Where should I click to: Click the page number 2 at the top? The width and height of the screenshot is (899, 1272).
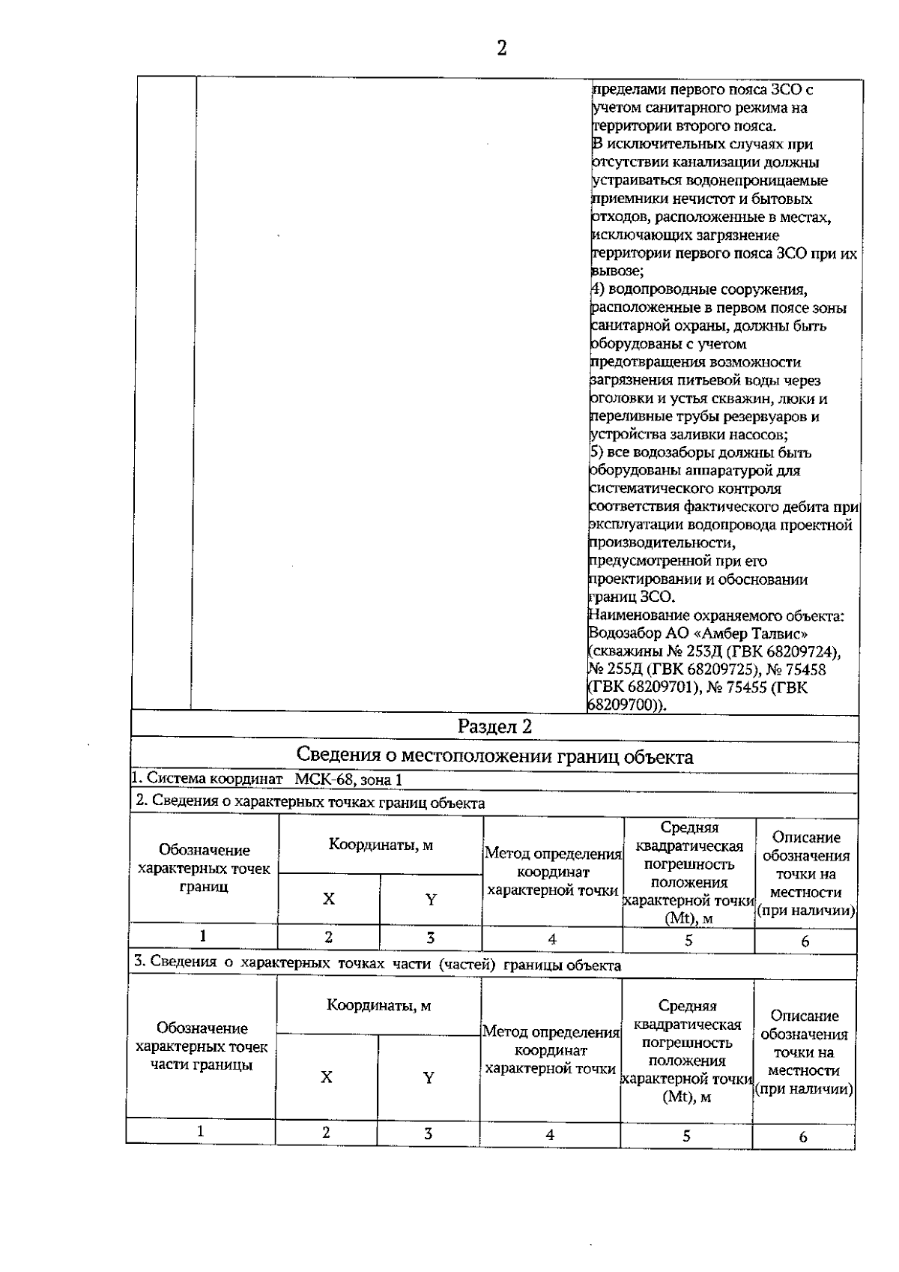[x=501, y=49]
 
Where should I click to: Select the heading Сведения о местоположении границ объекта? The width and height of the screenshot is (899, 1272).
[x=494, y=756]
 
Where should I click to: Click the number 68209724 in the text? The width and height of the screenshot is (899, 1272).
[x=799, y=651]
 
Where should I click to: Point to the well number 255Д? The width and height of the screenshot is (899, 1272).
[x=623, y=669]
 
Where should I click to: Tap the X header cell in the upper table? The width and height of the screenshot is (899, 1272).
[x=329, y=899]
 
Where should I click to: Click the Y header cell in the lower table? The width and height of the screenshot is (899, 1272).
[x=429, y=1078]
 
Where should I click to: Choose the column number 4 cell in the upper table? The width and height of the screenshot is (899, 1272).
[x=552, y=939]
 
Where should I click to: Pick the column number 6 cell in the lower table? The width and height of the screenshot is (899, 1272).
[x=803, y=1137]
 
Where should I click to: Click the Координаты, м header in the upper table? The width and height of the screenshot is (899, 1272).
[x=381, y=846]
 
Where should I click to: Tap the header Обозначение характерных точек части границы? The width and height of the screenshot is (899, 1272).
[x=202, y=1046]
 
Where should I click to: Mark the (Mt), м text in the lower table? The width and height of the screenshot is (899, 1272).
[x=687, y=1097]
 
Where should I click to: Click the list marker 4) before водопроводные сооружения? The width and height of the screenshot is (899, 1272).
[x=598, y=289]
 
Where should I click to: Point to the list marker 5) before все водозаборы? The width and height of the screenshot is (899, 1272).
[x=598, y=453]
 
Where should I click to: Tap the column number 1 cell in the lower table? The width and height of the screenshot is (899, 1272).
[x=201, y=1132]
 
